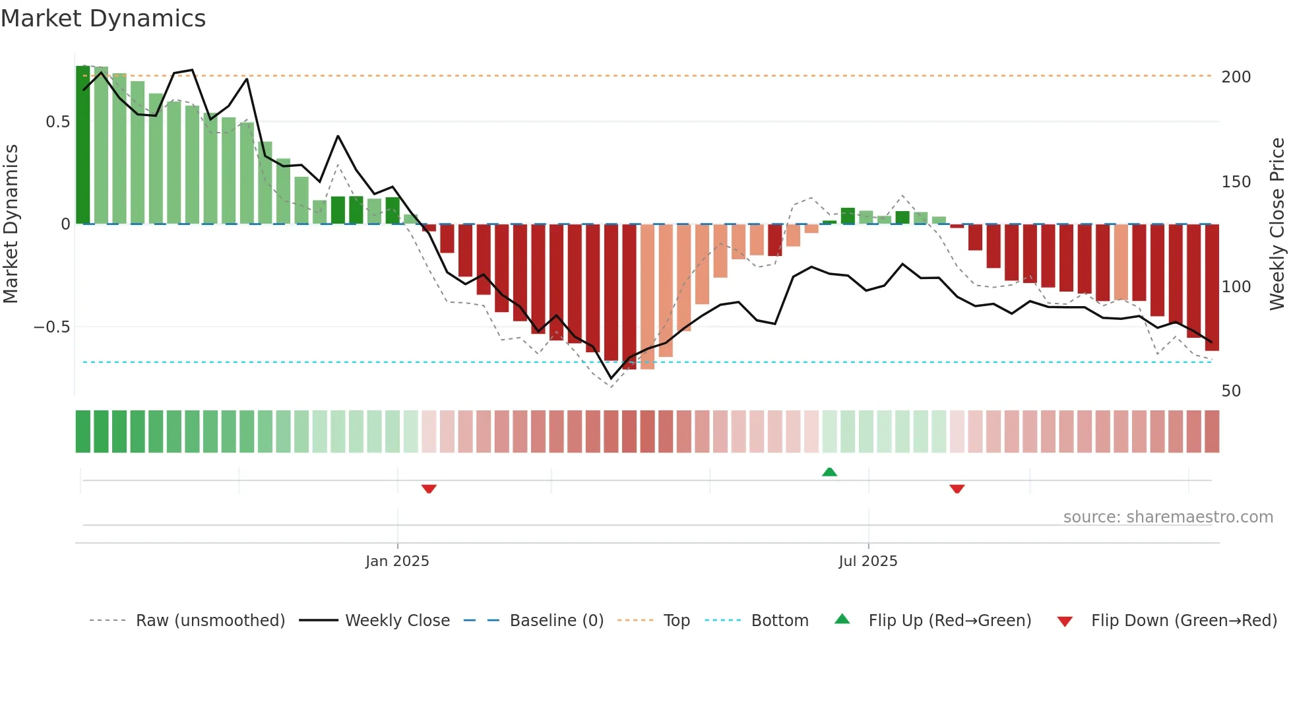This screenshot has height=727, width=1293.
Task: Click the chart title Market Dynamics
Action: point(103,18)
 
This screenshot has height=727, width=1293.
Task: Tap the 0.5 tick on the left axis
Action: point(57,122)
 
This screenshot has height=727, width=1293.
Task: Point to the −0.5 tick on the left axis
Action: point(51,327)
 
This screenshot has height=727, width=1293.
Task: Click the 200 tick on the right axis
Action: point(1236,77)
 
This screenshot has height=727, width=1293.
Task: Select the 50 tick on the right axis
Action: point(1231,391)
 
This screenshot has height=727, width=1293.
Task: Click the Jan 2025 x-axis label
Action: point(397,561)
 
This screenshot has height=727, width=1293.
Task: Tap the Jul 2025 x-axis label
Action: point(867,561)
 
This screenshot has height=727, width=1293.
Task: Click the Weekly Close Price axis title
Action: point(1277,224)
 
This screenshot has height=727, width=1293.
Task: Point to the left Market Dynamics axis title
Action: point(11,224)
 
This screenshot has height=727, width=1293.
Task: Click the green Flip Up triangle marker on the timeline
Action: point(829,472)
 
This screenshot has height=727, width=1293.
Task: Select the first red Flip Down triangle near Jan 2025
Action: point(429,489)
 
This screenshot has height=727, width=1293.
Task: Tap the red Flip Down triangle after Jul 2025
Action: point(957,489)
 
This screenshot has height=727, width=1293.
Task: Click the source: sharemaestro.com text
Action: point(1168,517)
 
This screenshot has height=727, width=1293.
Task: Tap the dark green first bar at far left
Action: point(83,145)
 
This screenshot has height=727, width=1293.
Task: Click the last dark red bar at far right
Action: point(1211,287)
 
